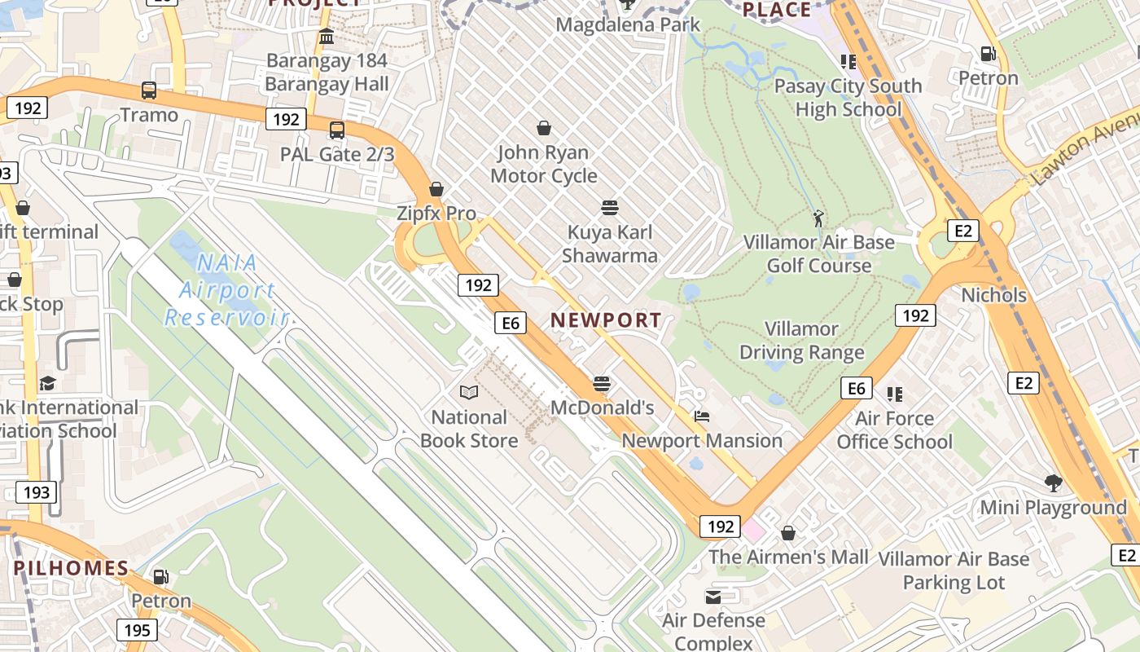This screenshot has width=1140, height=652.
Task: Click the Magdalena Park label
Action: coord(628,25)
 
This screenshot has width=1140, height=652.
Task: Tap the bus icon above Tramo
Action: coord(149,90)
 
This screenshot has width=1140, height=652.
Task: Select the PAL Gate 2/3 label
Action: coord(337,154)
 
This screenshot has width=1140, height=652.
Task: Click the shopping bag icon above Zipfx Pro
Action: coord(436,189)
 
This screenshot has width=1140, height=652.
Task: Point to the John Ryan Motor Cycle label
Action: coord(544,164)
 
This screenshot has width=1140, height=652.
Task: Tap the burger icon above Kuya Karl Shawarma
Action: coord(610,207)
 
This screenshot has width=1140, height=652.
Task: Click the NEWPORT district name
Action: coord(606,319)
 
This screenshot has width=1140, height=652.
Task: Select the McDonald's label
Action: coord(603,407)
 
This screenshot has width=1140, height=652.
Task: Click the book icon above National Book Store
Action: coord(469,393)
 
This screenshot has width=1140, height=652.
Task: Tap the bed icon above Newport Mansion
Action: coord(702,416)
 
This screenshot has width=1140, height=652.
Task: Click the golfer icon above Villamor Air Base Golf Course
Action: coord(818,218)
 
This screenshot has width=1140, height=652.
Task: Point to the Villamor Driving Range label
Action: coord(801,341)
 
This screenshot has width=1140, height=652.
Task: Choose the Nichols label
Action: coord(993,295)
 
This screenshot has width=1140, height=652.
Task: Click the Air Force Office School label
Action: coord(894,430)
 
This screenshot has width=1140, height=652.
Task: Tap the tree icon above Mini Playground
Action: coord(1053,483)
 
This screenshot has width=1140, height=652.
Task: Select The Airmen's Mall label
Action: coord(788,557)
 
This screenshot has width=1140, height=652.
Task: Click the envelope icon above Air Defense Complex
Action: coord(713,597)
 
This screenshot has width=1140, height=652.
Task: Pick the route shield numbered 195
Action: coord(137,630)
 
